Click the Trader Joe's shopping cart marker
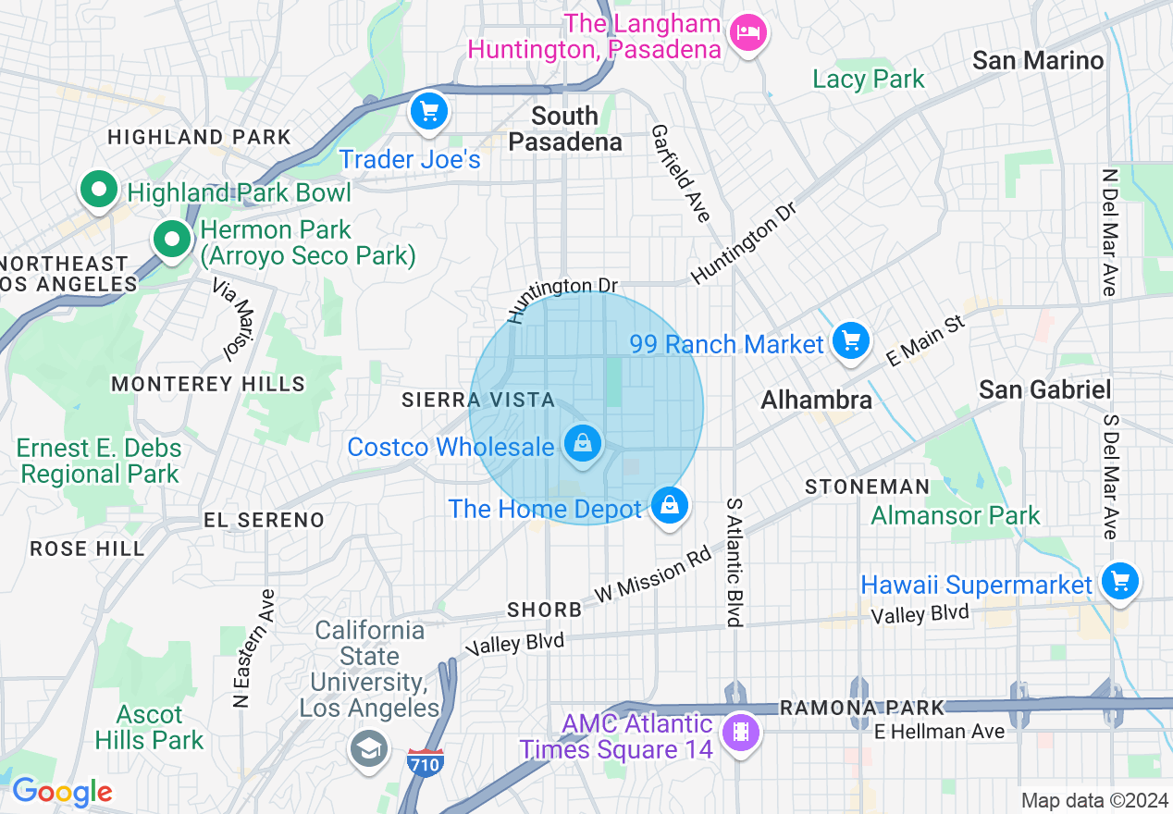tap(428, 113)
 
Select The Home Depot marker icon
tap(669, 506)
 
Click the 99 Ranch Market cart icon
tap(850, 342)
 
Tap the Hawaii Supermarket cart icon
tap(1119, 582)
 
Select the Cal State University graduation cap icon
tap(368, 747)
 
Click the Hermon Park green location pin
tap(171, 240)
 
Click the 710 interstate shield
tap(425, 762)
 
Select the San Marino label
tap(1038, 61)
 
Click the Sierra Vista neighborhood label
tap(478, 400)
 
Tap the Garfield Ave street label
tap(680, 173)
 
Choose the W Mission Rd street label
tap(653, 576)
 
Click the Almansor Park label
tap(956, 515)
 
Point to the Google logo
tap(62, 793)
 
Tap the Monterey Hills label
tap(208, 383)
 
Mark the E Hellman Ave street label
tap(939, 732)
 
